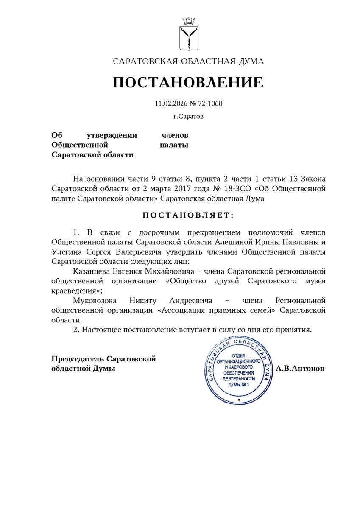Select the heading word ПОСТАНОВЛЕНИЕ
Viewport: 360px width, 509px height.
click(188, 82)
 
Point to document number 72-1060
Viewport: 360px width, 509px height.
click(210, 103)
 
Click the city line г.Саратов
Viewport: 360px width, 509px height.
click(188, 116)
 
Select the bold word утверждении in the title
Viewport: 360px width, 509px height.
click(112, 135)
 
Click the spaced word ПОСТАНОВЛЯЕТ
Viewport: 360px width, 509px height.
click(188, 215)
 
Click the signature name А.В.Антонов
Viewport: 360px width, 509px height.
click(300, 369)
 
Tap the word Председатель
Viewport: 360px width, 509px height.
click(77, 359)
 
